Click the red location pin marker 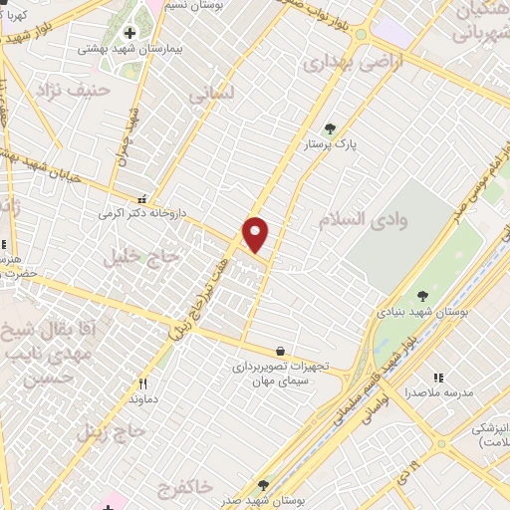pyautogui.click(x=256, y=234)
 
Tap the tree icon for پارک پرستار pyautogui.click(x=331, y=127)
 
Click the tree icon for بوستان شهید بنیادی pyautogui.click(x=424, y=296)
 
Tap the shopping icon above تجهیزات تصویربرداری pyautogui.click(x=282, y=351)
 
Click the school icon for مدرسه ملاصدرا pyautogui.click(x=438, y=378)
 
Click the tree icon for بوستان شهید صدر pyautogui.click(x=263, y=485)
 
